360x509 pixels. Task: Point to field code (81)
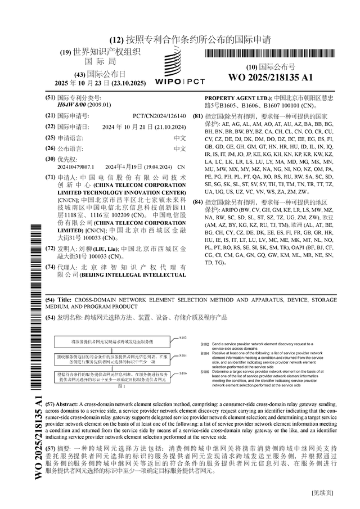tap(197, 116)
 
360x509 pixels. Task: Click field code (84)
tap(197, 201)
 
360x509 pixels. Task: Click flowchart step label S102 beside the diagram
tap(183, 338)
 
